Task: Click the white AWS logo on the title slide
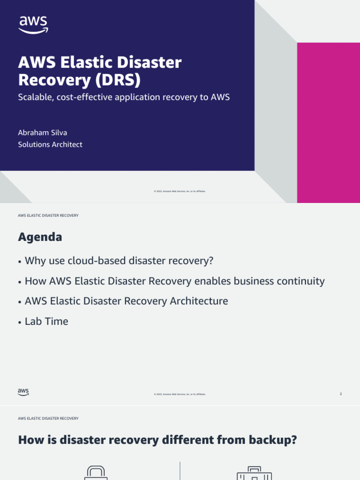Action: point(33,24)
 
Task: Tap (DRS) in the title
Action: point(117,80)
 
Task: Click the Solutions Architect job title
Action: point(50,144)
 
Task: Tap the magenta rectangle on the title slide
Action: point(328,122)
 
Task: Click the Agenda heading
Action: point(40,237)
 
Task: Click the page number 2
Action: point(341,394)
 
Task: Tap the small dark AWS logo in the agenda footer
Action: point(23,392)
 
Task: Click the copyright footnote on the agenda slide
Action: point(180,394)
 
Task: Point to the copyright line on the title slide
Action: point(180,191)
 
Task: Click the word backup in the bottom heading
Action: point(272,441)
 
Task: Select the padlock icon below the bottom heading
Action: point(96,472)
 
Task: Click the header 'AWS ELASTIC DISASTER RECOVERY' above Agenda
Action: point(48,216)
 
